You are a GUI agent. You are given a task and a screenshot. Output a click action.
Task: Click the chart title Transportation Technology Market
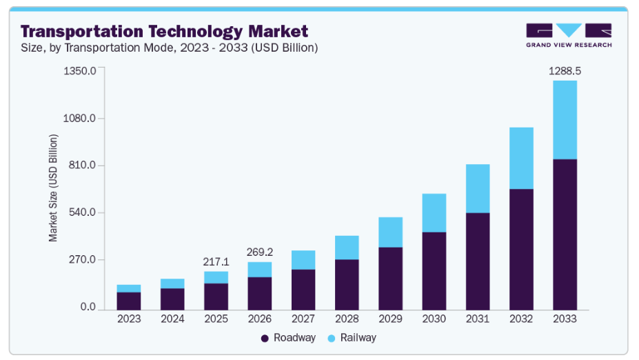164,31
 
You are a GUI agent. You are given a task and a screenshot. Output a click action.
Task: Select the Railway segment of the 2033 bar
565,120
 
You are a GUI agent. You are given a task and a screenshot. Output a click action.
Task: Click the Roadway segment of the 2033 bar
565,234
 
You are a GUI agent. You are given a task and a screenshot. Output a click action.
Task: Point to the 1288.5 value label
565,70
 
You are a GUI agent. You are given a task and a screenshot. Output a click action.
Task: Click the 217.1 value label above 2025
216,262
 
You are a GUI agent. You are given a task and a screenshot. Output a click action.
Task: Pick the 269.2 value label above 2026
259,252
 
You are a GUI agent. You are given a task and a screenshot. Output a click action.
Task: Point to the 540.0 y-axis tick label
82,212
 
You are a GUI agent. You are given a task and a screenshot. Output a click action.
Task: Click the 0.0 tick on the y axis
88,307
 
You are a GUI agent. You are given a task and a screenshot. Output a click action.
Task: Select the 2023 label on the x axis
129,319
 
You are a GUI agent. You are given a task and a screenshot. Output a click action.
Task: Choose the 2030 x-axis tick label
434,319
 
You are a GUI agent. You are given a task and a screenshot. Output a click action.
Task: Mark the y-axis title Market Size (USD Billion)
53,188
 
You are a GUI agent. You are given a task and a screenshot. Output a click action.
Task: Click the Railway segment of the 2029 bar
390,232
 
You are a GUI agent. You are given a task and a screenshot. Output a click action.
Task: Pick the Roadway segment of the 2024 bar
172,298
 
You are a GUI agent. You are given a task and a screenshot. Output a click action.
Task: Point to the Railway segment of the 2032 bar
521,158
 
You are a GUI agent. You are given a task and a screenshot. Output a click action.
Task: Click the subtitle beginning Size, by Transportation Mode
169,48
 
